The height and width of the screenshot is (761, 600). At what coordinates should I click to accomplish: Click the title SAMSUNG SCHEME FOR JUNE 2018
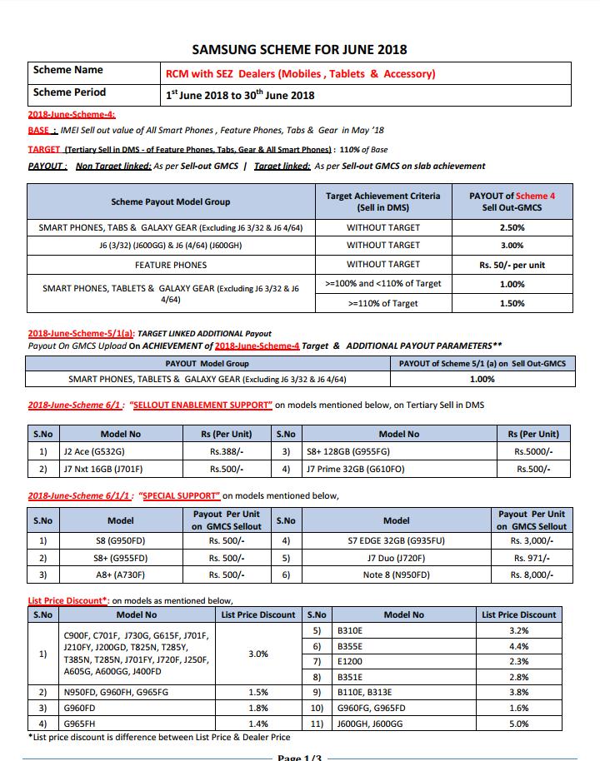coord(299,50)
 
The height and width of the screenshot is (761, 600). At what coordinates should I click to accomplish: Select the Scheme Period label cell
coord(70,92)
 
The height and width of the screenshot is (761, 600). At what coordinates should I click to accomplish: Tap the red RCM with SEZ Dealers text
coord(301,73)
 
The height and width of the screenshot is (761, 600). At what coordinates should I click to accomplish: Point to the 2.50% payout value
coord(512,227)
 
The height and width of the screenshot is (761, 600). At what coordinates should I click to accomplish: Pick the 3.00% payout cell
coord(512,246)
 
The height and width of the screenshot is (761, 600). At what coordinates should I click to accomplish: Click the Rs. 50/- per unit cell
coord(512,265)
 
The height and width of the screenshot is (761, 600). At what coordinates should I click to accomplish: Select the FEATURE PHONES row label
coord(171,265)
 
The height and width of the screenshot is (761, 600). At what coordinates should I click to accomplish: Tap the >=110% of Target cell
coord(382,304)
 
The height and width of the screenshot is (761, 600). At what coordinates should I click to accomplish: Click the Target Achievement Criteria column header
coord(382,201)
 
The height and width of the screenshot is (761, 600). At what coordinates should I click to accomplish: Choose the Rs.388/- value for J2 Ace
coord(227,451)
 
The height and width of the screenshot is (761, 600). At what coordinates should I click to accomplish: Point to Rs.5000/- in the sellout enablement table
coord(533,451)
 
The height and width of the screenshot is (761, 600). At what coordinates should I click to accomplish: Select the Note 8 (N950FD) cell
coord(396,574)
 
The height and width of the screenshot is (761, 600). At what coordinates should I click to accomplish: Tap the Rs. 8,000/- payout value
coord(531,574)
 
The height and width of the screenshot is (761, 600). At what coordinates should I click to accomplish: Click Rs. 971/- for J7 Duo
coord(531,558)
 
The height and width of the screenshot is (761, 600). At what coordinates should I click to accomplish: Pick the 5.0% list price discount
coord(518,724)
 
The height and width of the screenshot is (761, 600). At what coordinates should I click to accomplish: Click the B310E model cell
coord(351,631)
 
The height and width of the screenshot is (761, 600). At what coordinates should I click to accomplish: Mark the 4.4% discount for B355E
coord(518,646)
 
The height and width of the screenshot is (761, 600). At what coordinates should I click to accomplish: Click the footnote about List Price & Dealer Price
coord(160,737)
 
